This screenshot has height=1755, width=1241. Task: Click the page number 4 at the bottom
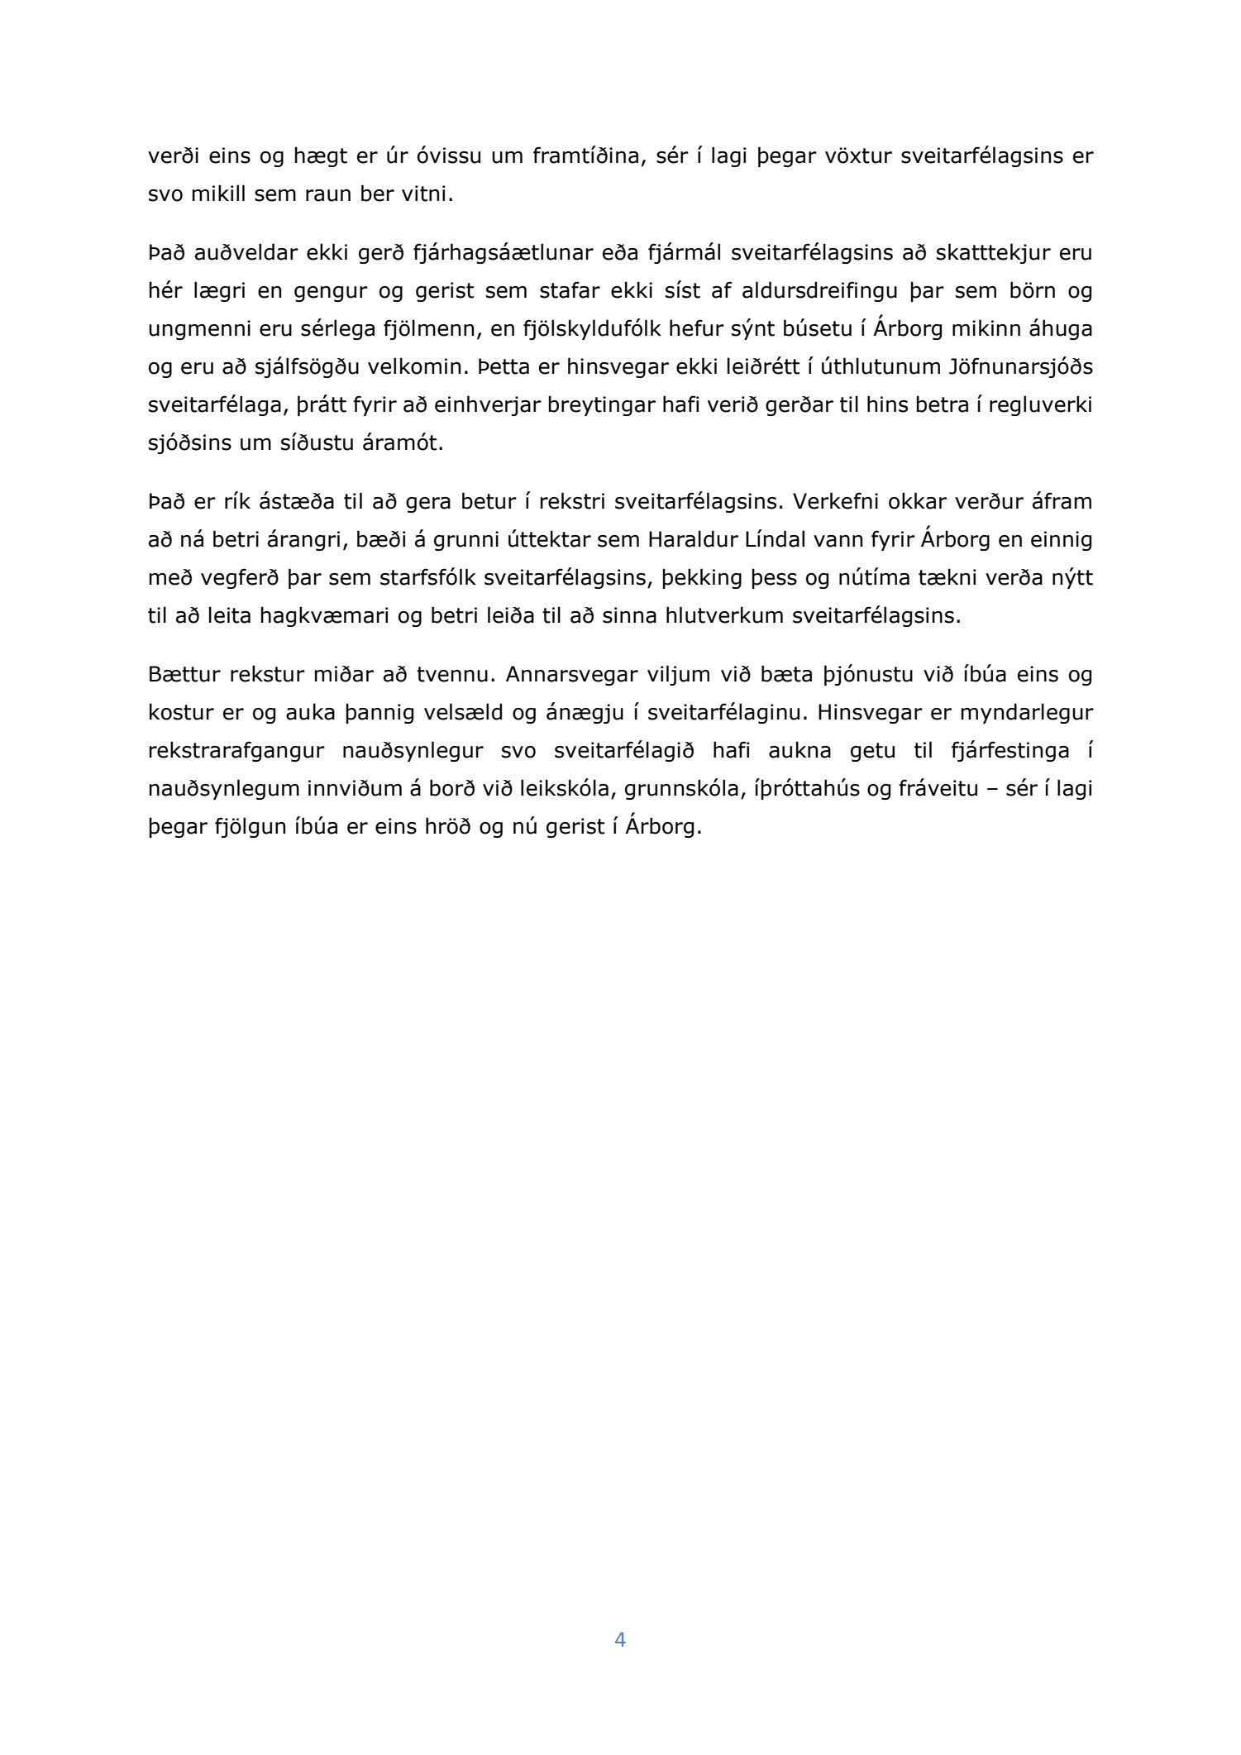pos(620,1639)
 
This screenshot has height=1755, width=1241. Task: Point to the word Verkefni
pos(829,502)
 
